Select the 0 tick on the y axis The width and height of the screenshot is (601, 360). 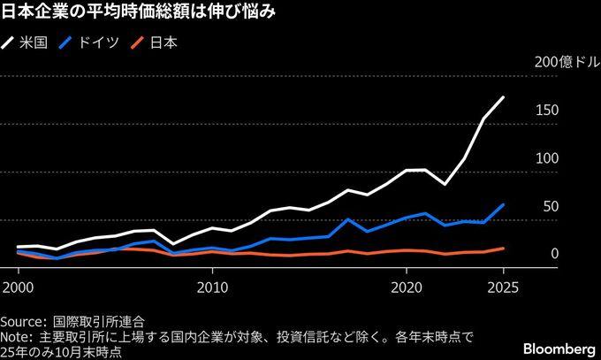tap(553, 254)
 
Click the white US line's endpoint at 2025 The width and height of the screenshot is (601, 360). tap(503, 97)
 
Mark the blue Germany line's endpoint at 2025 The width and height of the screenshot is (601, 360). tap(503, 204)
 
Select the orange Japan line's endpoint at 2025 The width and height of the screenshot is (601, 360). tap(503, 249)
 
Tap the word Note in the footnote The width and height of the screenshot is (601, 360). tap(17, 337)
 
